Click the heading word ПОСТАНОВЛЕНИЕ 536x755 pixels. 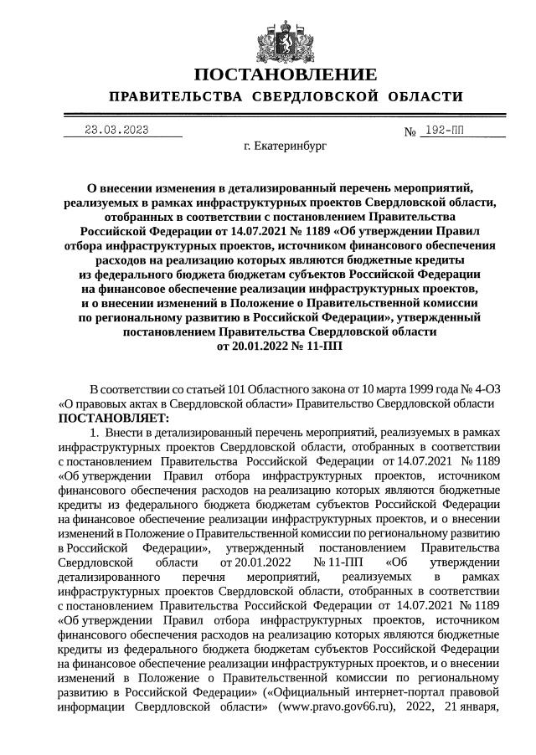coord(284,74)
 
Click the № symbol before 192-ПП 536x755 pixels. coord(410,132)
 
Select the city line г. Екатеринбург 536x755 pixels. coord(285,146)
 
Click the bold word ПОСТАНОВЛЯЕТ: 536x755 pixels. coord(113,418)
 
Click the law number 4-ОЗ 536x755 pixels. coord(479,389)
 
